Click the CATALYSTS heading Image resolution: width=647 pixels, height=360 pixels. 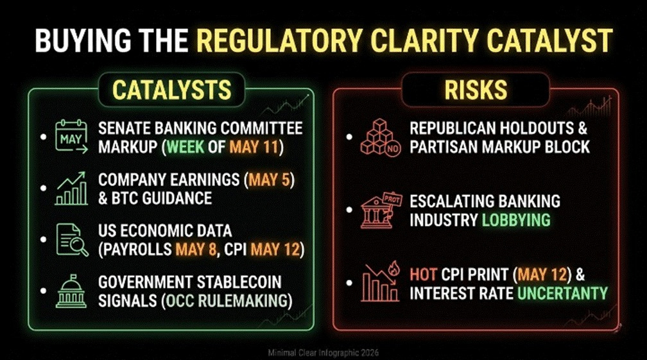(171, 90)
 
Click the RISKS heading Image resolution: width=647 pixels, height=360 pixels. (476, 90)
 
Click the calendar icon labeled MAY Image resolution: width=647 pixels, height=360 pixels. (71, 137)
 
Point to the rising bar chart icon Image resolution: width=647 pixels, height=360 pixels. (71, 189)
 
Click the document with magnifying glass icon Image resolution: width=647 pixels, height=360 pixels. (72, 239)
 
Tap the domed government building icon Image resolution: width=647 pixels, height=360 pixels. (71, 291)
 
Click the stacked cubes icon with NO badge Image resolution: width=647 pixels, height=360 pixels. (380, 137)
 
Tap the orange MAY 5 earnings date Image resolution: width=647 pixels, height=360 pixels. (270, 180)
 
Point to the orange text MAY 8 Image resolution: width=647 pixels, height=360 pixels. (196, 250)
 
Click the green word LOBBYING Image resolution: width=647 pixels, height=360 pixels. (516, 220)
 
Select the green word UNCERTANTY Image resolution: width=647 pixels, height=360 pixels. (562, 293)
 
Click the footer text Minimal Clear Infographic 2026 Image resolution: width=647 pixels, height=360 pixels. (323, 353)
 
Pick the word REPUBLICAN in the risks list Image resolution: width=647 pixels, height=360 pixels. (453, 128)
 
